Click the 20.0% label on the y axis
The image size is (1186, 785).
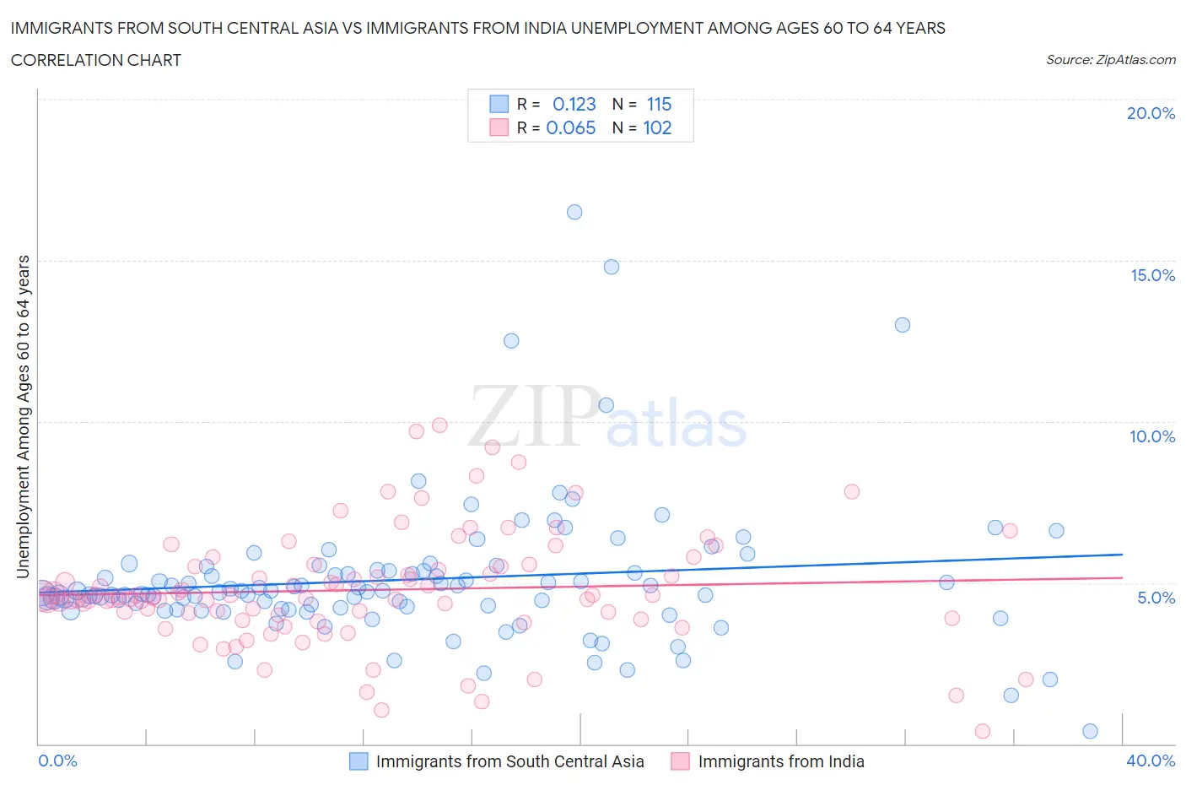click(x=1151, y=114)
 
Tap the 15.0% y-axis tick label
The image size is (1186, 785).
click(x=1152, y=276)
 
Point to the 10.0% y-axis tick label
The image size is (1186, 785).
click(x=1152, y=437)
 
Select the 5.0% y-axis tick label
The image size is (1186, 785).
click(x=1156, y=598)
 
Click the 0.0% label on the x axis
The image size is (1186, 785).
click(x=57, y=761)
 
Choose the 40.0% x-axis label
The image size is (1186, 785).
click(x=1151, y=761)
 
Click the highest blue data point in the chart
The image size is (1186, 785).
click(x=574, y=212)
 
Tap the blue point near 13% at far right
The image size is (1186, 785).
click(x=903, y=325)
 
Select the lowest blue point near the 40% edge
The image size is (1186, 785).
click(x=1090, y=731)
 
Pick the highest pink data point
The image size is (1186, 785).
click(x=439, y=425)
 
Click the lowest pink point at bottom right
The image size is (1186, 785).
click(x=982, y=731)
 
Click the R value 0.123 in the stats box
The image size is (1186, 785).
click(x=574, y=105)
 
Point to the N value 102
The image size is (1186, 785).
click(x=657, y=128)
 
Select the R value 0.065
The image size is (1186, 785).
click(x=571, y=128)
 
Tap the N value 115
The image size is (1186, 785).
click(x=659, y=105)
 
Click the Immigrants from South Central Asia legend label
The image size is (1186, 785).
click(x=509, y=762)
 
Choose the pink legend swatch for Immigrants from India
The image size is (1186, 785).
click(x=680, y=762)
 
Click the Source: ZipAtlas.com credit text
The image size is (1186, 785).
click(x=1110, y=60)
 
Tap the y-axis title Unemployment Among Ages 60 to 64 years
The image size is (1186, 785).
click(x=24, y=416)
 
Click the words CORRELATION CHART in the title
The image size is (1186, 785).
click(x=96, y=60)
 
